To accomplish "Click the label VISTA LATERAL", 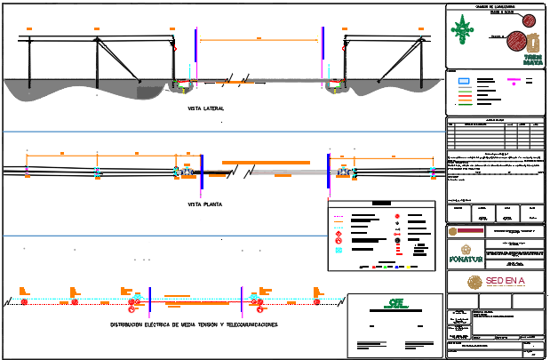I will tap(206, 108).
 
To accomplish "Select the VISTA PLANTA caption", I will tap(205, 204).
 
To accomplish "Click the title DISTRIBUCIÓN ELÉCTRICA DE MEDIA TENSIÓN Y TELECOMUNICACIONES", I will tap(195, 325).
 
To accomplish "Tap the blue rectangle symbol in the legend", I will tap(463, 81).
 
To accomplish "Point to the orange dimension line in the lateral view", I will tap(259, 40).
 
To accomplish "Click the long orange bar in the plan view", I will tap(266, 163).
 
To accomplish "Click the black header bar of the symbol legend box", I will tap(381, 204).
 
